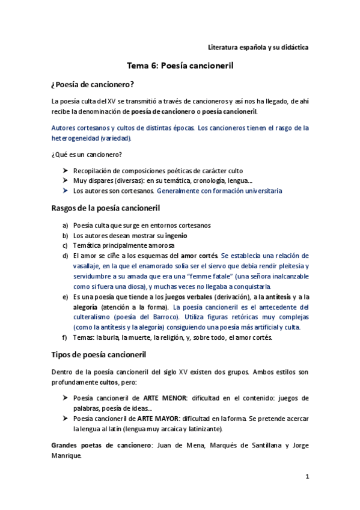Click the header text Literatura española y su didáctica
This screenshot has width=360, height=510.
[x=258, y=47]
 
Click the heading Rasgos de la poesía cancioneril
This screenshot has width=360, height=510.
[x=105, y=209]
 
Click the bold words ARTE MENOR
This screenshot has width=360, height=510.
[x=164, y=398]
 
